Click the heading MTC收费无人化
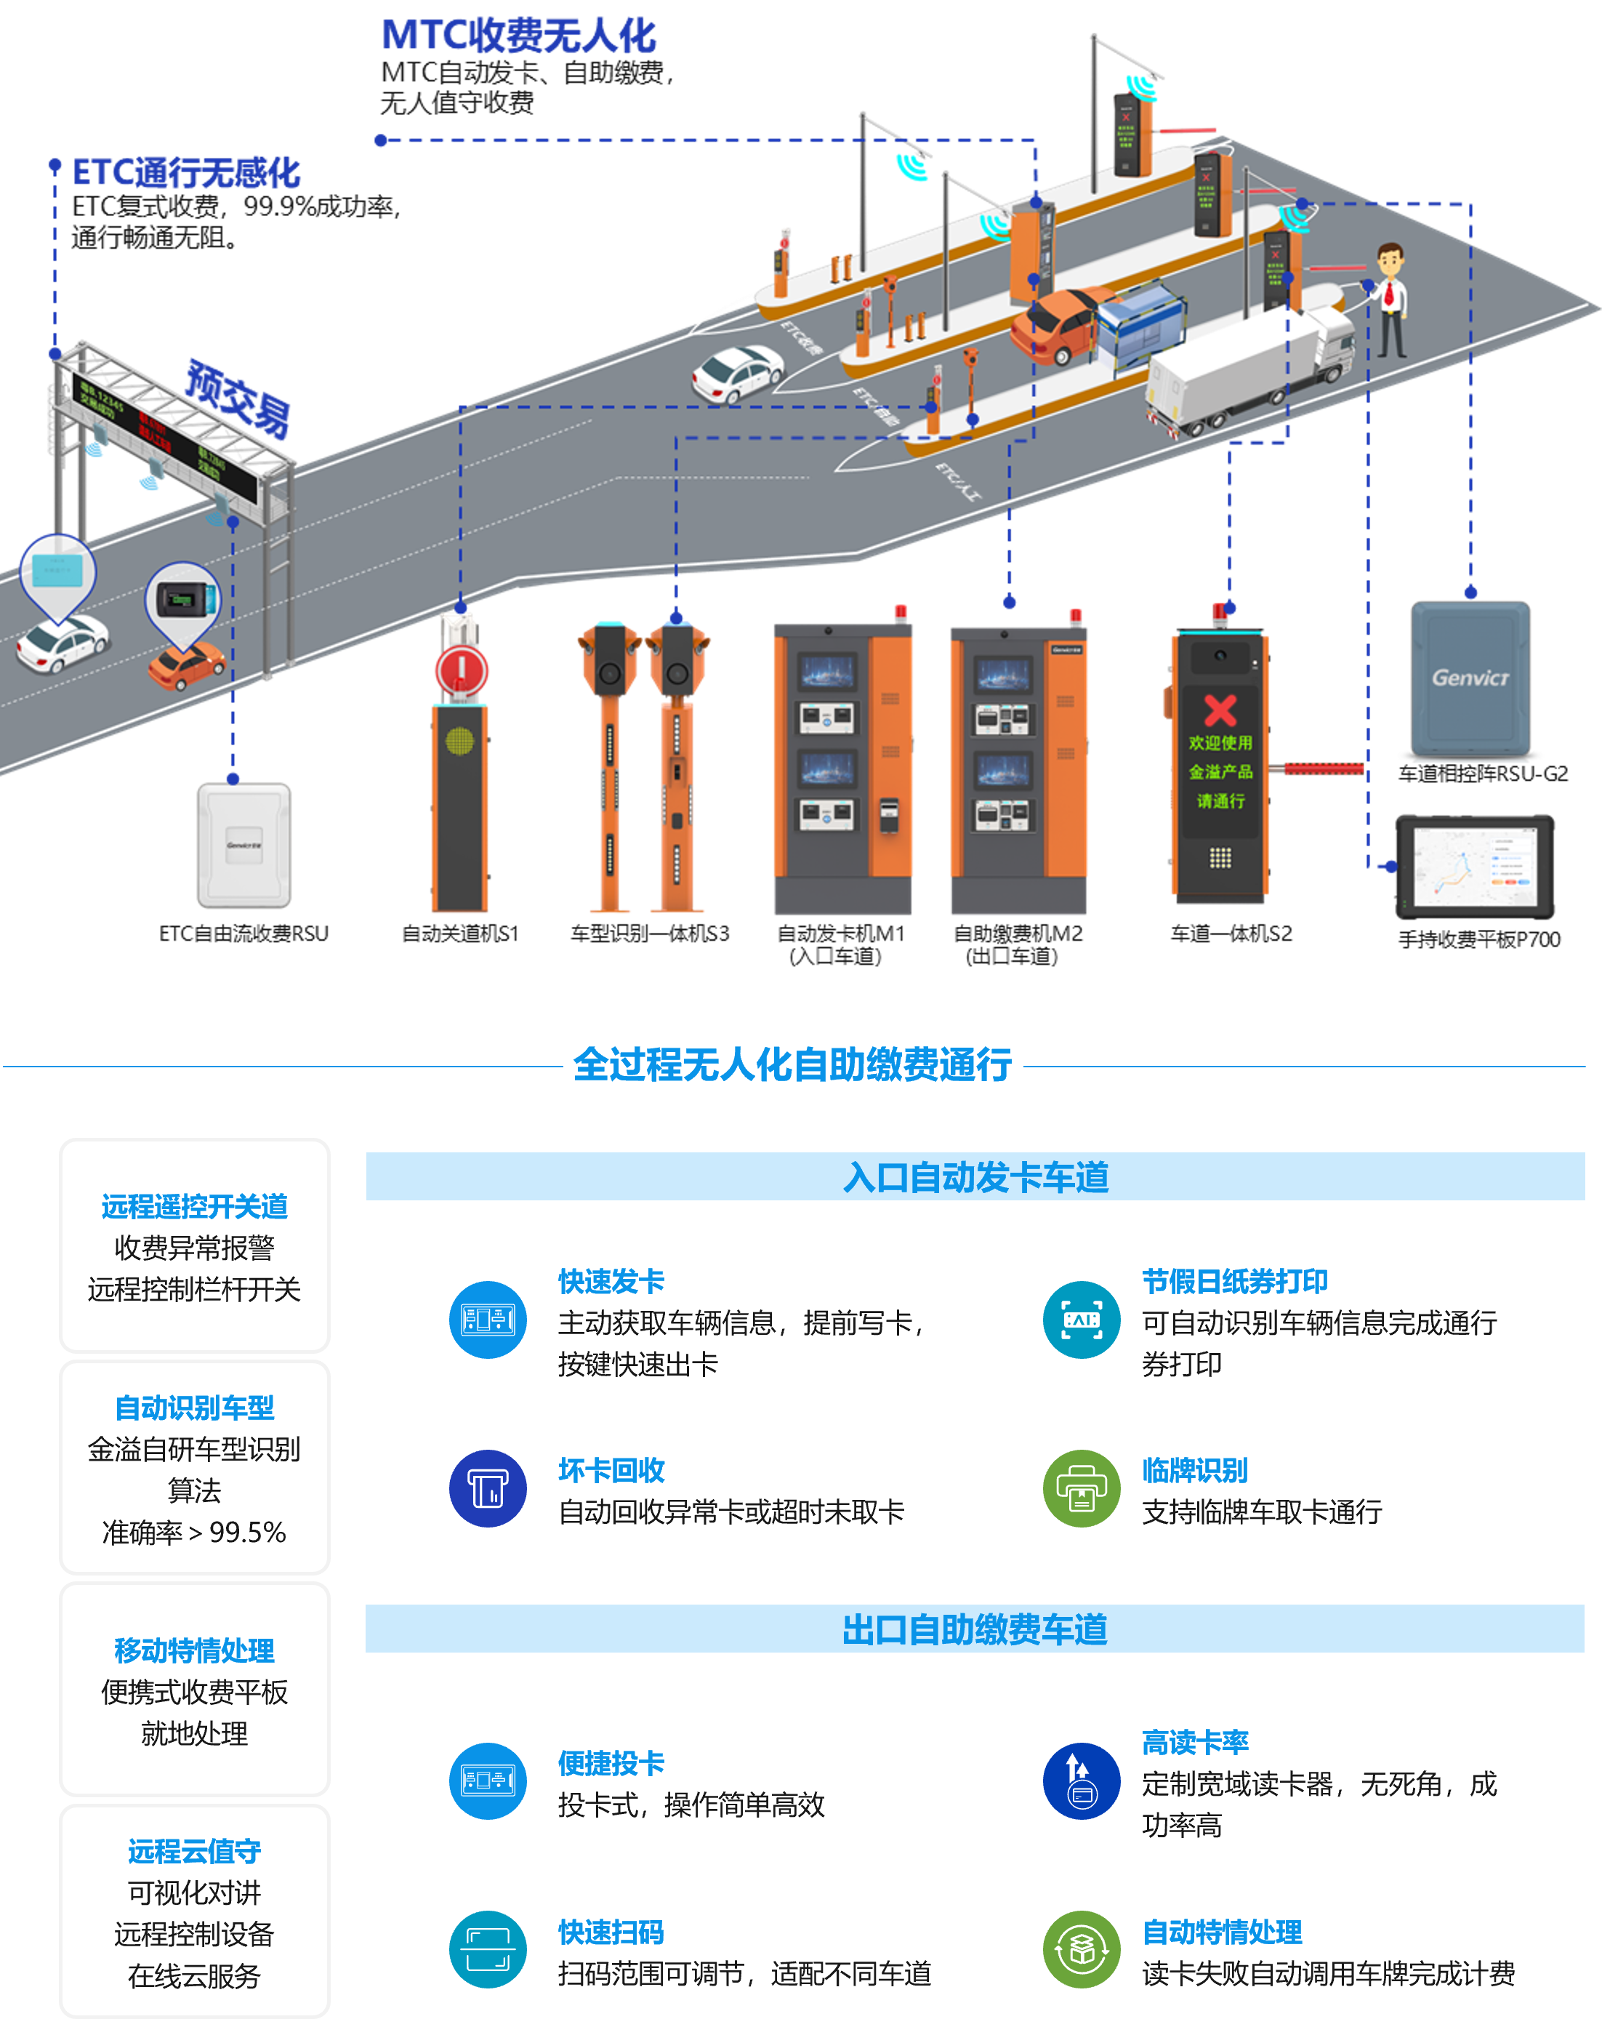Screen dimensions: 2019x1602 tap(519, 36)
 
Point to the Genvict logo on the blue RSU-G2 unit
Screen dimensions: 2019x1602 tap(1470, 677)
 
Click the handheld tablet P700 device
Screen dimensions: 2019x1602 tap(1474, 866)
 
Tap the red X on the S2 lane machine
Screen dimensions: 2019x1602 tap(1220, 710)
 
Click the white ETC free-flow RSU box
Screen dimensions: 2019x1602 tap(243, 845)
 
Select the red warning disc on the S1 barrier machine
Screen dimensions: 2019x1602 tap(461, 670)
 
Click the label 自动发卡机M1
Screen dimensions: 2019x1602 tap(840, 934)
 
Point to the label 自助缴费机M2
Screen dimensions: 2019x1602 tap(1017, 934)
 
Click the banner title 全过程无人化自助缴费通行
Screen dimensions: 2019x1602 tap(792, 1064)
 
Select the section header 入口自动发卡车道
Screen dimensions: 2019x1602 tap(975, 1176)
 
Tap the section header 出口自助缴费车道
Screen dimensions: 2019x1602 tap(975, 1629)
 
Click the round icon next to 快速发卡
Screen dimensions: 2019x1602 tap(488, 1320)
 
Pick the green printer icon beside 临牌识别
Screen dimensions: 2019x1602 tap(1082, 1488)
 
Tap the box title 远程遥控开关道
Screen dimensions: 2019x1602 tap(195, 1206)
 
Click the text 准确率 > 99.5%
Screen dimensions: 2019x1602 tap(195, 1532)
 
